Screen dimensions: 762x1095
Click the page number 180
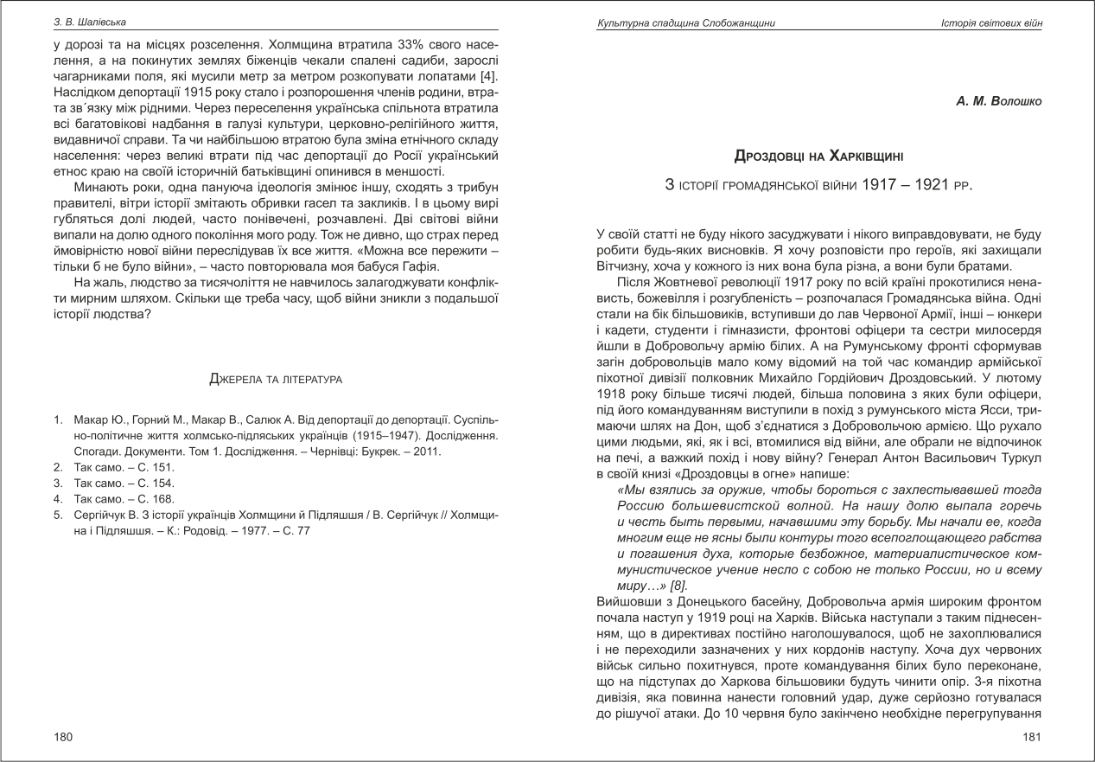tap(63, 736)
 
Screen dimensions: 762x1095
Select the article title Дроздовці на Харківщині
tap(818, 157)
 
